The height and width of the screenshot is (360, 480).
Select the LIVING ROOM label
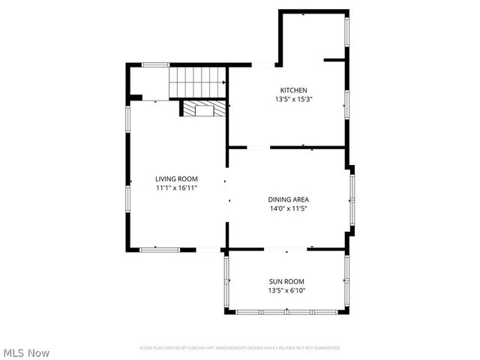pos(176,178)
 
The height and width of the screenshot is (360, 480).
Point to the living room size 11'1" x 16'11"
pos(176,188)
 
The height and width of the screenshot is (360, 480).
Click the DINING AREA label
pos(289,199)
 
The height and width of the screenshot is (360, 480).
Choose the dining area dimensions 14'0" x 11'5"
pos(289,209)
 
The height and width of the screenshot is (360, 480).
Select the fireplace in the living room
pos(202,109)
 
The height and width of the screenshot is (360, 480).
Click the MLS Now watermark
pos(26,352)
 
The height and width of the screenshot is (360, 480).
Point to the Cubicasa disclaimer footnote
pos(240,348)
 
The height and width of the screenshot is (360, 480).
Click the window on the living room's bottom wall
pos(159,249)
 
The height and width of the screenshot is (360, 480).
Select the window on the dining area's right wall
pos(352,199)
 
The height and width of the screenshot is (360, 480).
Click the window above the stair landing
pos(154,65)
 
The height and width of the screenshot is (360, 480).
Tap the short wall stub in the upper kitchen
pos(334,59)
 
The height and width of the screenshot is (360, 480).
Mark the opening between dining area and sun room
pos(285,249)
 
